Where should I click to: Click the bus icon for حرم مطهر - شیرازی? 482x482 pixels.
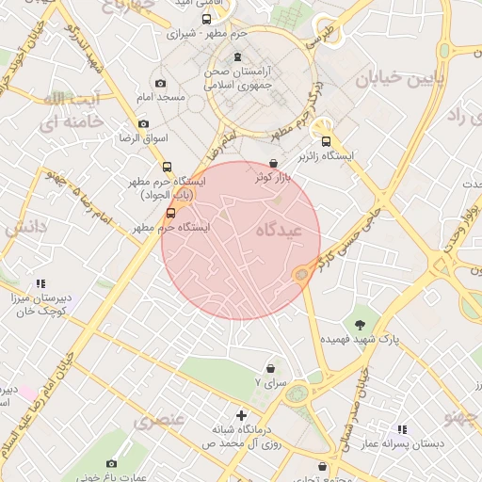pyautogui.click(x=206, y=19)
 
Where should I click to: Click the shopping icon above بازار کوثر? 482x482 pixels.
pyautogui.click(x=273, y=163)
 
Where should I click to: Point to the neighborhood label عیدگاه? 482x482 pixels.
pyautogui.click(x=277, y=230)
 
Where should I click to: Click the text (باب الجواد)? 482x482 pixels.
pyautogui.click(x=168, y=195)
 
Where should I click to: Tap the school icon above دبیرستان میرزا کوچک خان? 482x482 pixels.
pyautogui.click(x=40, y=282)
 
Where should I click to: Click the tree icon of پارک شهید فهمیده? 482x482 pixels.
pyautogui.click(x=361, y=324)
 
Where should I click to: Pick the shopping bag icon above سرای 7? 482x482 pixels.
pyautogui.click(x=271, y=367)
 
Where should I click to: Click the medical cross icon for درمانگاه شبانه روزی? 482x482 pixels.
pyautogui.click(x=242, y=415)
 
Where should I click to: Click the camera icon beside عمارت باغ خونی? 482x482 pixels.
pyautogui.click(x=112, y=463)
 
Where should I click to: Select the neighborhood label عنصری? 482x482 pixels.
pyautogui.click(x=159, y=420)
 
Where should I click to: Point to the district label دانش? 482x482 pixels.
pyautogui.click(x=25, y=227)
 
